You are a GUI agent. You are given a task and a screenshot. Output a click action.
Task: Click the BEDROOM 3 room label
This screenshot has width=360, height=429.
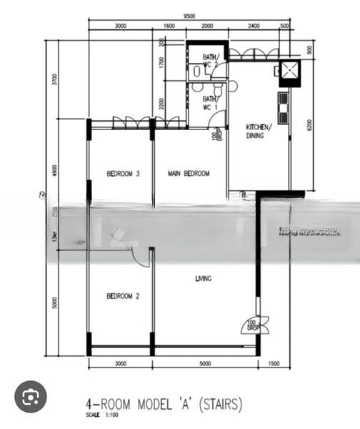[x=123, y=174]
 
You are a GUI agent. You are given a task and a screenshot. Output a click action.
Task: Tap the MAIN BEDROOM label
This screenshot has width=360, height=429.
[x=189, y=174]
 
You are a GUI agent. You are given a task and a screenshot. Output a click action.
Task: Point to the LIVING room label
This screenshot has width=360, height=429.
[x=203, y=279]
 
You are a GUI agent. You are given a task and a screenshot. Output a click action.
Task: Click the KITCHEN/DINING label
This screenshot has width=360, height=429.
[x=258, y=131]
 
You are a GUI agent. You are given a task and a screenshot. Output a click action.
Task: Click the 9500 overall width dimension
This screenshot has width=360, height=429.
[x=189, y=16]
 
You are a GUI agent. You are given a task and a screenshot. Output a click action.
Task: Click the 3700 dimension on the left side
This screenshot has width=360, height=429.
[x=55, y=79]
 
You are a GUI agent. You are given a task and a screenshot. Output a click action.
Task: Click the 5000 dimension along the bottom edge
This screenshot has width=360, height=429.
[x=205, y=364]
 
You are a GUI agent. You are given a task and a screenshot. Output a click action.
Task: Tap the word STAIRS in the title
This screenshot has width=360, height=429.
[x=221, y=404]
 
